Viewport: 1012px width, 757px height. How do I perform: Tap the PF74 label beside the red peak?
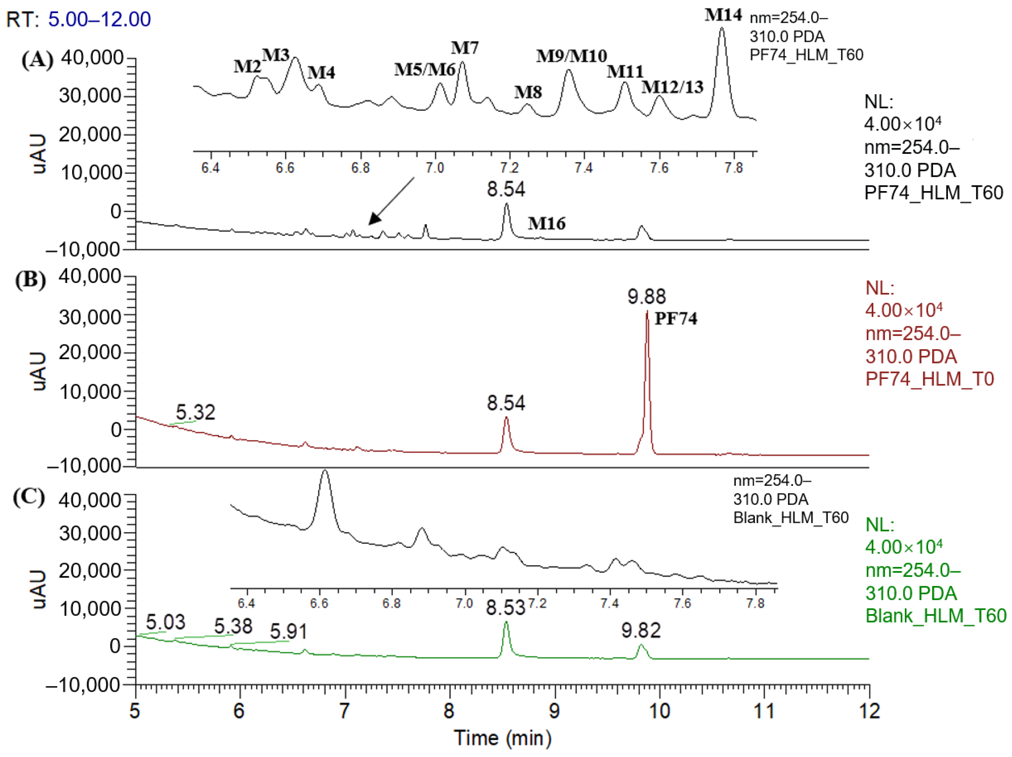(x=676, y=319)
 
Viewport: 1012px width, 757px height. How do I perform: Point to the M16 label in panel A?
(x=547, y=224)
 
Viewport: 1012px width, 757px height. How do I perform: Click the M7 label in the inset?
(x=464, y=48)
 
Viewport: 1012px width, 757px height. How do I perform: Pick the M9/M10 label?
(x=571, y=56)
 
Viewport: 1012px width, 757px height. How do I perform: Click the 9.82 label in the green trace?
(x=641, y=631)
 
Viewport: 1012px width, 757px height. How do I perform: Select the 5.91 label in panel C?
(x=288, y=632)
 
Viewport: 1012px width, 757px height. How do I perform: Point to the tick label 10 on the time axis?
(x=659, y=711)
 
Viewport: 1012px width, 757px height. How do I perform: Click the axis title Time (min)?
(x=502, y=738)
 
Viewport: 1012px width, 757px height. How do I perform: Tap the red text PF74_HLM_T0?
(x=930, y=379)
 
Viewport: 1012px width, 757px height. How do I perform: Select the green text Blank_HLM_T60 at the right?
(x=936, y=616)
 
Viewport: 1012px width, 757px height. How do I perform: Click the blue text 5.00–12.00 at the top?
(x=99, y=19)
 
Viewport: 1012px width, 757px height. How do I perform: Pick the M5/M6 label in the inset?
(x=425, y=70)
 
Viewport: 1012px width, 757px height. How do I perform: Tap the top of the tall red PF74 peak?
(x=647, y=312)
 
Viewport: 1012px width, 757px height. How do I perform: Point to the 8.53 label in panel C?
(x=505, y=608)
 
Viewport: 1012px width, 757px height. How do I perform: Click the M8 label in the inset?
(x=528, y=92)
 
